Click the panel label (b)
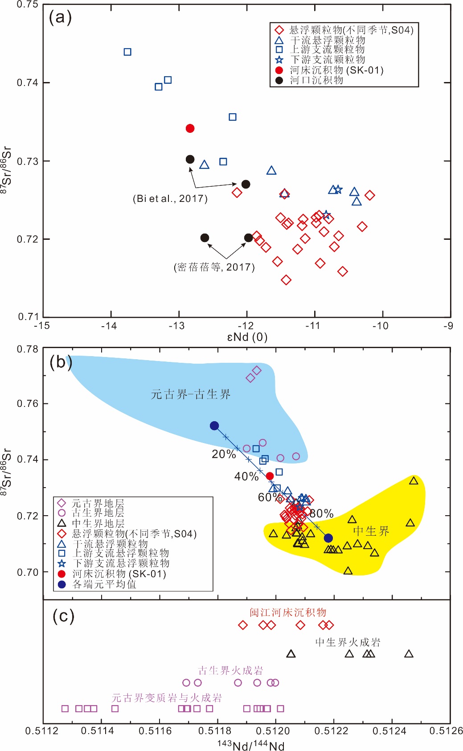point(61,362)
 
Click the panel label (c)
point(63,616)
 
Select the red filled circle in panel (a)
point(190,128)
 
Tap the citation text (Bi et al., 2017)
point(170,199)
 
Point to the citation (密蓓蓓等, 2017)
point(214,267)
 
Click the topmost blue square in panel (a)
point(127,52)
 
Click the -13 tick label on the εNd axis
point(176,326)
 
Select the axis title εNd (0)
point(247,337)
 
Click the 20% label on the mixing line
point(224,454)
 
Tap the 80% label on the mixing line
point(322,513)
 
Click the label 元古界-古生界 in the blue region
point(191,394)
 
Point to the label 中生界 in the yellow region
point(371,531)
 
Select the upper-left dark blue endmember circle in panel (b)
point(214,426)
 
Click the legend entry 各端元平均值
point(104,584)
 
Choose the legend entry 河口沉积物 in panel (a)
point(316,80)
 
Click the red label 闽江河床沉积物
point(288,612)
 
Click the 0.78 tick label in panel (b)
point(28,349)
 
